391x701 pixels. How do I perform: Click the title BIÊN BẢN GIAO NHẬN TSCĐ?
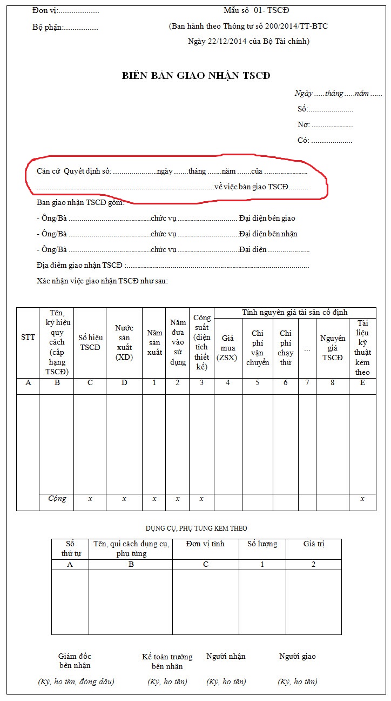click(195, 76)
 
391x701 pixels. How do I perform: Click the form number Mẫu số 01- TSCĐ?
click(256, 10)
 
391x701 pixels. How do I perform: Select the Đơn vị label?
click(45, 11)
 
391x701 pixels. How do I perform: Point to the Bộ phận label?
click(48, 27)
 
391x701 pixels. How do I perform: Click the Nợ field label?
click(304, 125)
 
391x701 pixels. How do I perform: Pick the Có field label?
click(303, 141)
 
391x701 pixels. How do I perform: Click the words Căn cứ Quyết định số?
click(73, 171)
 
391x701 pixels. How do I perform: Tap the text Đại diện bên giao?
click(267, 219)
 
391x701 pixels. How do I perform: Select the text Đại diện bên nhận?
click(268, 234)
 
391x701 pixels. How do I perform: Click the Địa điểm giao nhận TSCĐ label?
click(79, 266)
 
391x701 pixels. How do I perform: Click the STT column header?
click(28, 337)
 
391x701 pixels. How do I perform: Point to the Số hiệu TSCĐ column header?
click(90, 342)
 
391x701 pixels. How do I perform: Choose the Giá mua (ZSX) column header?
click(228, 347)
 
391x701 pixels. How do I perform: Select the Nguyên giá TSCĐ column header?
click(333, 347)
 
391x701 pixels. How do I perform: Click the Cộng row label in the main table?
click(57, 498)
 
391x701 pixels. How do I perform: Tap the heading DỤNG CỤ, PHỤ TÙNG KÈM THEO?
click(196, 528)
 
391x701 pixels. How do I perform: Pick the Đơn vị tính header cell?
click(205, 544)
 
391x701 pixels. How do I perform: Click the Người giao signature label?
click(297, 656)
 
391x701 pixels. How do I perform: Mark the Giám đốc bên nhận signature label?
click(75, 661)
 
